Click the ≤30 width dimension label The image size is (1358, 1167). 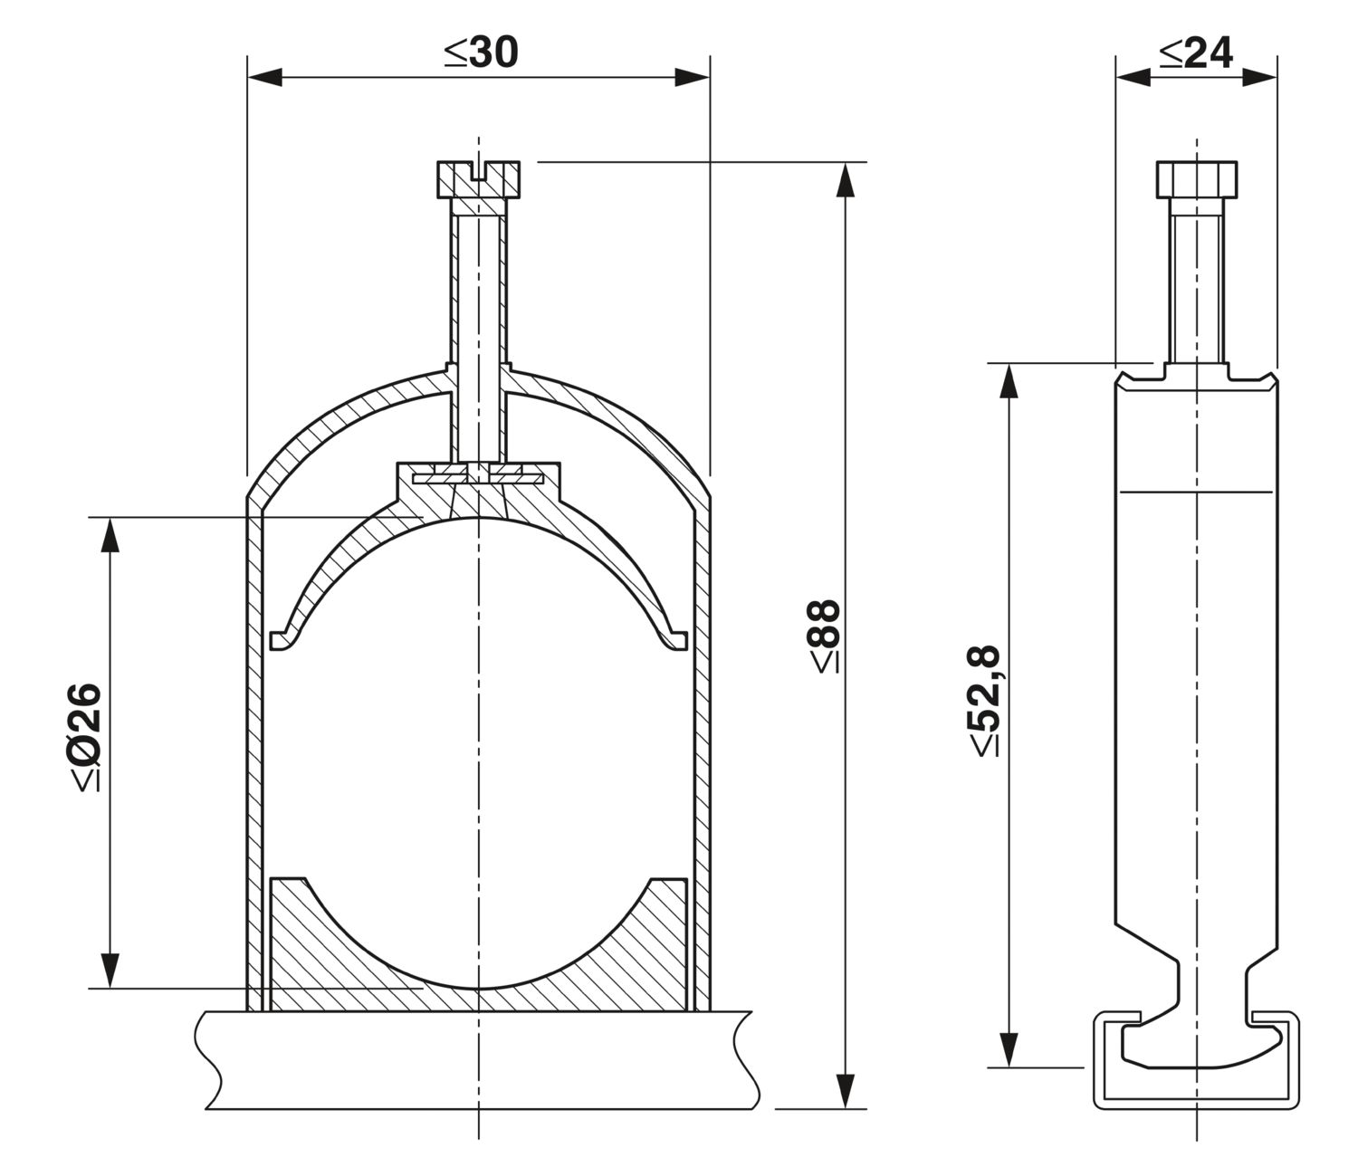482,53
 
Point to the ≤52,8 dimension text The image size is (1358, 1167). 983,701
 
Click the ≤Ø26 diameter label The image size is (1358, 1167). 85,737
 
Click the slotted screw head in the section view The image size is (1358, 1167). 478,178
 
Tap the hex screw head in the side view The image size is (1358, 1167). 1196,178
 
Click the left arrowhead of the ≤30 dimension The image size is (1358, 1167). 264,77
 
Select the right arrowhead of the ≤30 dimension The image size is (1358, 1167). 693,77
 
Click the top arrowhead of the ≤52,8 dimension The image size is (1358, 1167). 1009,380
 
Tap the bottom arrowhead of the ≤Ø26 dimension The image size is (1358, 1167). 110,971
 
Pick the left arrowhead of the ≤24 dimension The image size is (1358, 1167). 1133,77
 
